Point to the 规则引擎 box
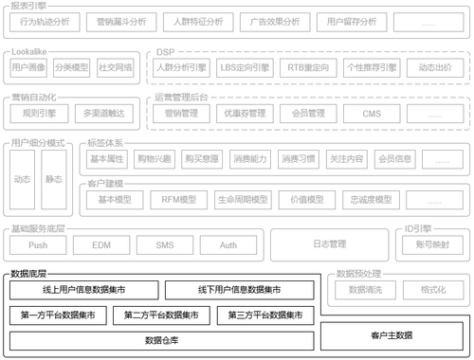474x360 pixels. pos(39,113)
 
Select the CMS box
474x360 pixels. pos(372,113)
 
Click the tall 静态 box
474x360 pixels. pos(54,179)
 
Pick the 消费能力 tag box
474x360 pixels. pos(251,158)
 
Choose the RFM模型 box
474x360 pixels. pos(173,199)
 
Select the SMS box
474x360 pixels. pos(166,244)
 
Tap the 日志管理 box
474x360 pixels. pos(330,244)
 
